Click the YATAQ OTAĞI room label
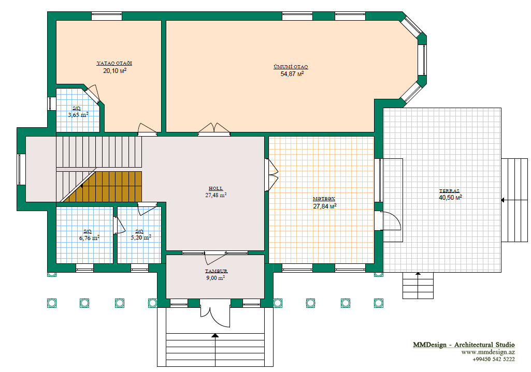tap(114, 63)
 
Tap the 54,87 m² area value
tap(292, 73)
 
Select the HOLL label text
tap(216, 188)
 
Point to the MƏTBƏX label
tap(324, 199)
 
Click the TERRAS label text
tap(449, 191)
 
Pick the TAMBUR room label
tap(217, 271)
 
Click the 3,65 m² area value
tap(78, 115)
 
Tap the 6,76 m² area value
tap(90, 238)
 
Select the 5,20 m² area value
tap(141, 238)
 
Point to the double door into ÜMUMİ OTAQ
tap(214, 129)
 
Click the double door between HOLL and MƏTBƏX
tap(273, 175)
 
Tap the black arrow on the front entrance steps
tap(215, 335)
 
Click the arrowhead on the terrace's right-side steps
tap(503, 200)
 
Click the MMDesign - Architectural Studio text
tap(464, 345)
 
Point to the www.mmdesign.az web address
tap(488, 352)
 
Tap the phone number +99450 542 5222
tap(494, 360)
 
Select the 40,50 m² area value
tap(450, 198)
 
